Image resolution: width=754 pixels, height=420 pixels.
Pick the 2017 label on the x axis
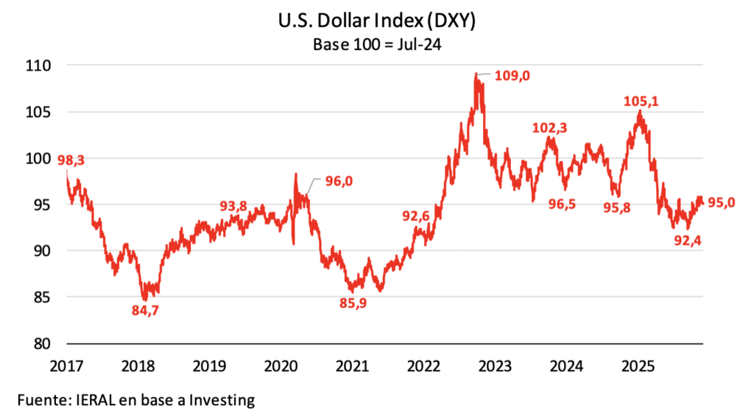66,365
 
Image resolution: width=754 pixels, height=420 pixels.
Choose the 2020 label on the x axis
280,365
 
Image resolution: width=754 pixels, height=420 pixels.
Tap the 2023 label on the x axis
494,365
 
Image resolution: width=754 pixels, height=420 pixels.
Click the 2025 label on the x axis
637,365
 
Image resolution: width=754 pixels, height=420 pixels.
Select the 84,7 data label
144,310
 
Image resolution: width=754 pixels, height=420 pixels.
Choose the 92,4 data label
686,240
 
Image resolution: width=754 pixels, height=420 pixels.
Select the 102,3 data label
550,128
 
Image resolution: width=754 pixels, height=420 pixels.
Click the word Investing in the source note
221,400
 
